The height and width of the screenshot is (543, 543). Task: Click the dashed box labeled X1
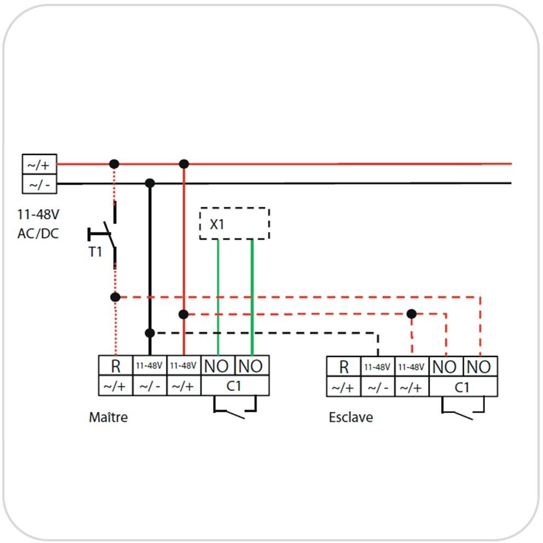[235, 223]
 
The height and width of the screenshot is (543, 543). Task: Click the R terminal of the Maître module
[115, 366]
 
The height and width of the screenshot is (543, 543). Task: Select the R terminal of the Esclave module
[344, 366]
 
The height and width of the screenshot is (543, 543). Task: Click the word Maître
[108, 417]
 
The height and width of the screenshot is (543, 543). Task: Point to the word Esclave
[351, 417]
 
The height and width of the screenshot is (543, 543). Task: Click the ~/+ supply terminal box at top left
[39, 164]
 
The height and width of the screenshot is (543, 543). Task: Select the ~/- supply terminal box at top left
[39, 184]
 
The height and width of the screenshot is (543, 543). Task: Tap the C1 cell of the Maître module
[234, 385]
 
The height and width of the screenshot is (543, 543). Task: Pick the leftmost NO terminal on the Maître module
[217, 366]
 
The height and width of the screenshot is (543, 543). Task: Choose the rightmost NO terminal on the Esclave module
[480, 366]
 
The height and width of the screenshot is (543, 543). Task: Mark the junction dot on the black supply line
[149, 183]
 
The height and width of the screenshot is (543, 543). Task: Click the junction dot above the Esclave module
[412, 314]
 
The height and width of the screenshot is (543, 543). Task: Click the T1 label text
[95, 252]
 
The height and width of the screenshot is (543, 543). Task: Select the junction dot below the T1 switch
[115, 297]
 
